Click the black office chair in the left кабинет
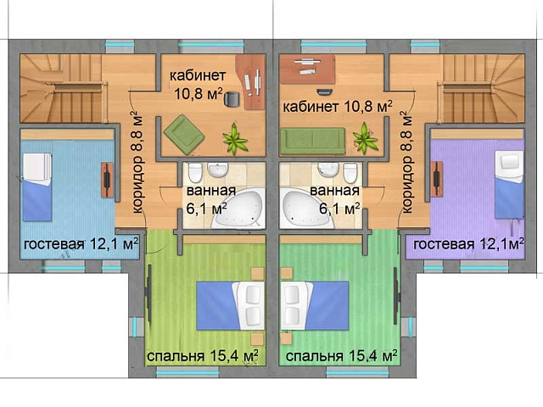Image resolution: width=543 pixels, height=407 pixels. (232, 98)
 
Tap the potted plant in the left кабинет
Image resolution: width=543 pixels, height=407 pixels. (235, 139)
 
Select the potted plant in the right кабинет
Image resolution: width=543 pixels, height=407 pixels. (365, 138)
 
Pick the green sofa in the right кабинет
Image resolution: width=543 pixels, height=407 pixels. (313, 141)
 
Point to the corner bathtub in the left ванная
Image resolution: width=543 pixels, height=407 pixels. (238, 209)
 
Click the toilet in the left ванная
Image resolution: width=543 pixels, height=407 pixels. (195, 172)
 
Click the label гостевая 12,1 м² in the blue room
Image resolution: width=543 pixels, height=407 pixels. (81, 243)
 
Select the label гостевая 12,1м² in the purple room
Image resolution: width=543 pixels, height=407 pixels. (468, 244)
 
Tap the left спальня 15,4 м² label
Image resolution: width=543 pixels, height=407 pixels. (203, 356)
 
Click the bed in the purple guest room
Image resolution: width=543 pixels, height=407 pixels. (509, 184)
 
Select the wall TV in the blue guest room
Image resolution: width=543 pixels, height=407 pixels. (108, 180)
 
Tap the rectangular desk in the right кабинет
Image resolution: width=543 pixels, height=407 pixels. (307, 69)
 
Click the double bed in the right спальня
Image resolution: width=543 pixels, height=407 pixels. (315, 305)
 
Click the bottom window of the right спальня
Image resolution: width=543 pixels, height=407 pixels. (357, 372)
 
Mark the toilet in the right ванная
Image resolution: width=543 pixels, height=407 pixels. (350, 172)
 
